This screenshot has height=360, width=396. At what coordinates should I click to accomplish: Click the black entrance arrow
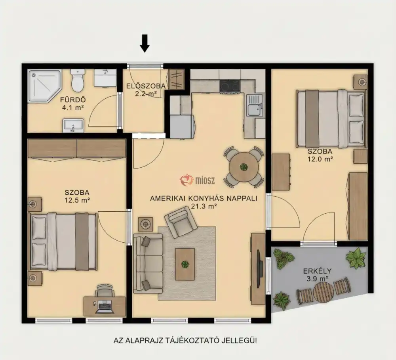(145, 44)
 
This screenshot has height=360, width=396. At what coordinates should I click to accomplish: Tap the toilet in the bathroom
(78, 80)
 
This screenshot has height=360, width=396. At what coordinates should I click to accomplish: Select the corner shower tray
(45, 86)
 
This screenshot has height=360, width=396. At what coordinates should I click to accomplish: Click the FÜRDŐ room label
(73, 100)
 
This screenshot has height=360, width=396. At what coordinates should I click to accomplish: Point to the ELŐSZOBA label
(146, 86)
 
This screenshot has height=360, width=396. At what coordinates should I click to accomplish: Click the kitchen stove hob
(229, 86)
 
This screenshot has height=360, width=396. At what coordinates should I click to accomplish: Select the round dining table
(244, 167)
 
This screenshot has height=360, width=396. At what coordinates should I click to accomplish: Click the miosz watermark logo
(197, 180)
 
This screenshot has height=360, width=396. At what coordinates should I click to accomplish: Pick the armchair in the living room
(181, 222)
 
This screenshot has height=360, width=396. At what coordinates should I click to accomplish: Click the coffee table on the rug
(185, 264)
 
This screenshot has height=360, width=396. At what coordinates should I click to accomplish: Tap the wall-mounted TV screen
(258, 269)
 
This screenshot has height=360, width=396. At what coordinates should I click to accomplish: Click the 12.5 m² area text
(77, 200)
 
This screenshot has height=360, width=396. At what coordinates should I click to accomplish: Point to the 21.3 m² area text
(204, 206)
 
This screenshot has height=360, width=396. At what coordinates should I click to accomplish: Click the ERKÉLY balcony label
(317, 271)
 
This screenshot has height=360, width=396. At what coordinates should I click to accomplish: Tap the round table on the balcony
(324, 292)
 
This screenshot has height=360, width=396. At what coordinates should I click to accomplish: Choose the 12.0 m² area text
(320, 159)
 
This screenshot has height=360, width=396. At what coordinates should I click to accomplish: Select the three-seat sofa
(148, 263)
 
